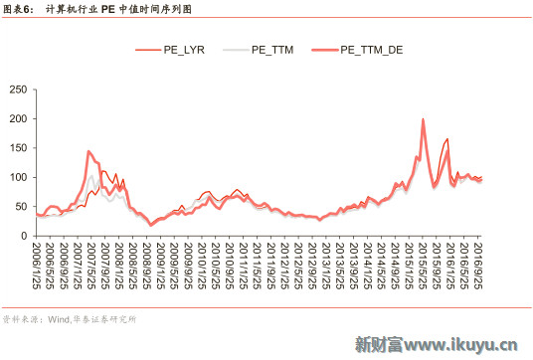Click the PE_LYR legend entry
184,49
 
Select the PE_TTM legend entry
271,49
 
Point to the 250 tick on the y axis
17,90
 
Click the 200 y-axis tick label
17,119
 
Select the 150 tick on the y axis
17,148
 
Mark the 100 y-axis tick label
17,177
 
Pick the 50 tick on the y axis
20,207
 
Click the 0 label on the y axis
23,236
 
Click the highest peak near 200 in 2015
424,119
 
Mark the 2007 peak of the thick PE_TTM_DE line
89,151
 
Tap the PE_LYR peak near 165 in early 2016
447,139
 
